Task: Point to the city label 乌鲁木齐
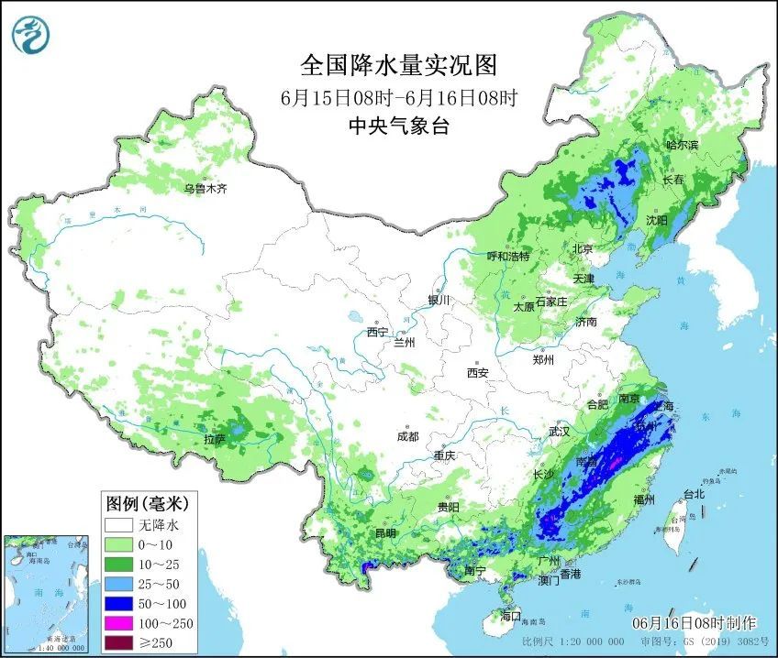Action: pos(204,189)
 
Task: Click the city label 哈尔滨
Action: pos(682,145)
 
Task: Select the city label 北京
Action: pos(583,248)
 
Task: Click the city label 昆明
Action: pos(384,532)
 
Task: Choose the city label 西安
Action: pos(477,372)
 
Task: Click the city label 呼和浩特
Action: pos(507,257)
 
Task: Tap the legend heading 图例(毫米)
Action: pos(147,503)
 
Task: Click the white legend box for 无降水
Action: pos(118,526)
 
